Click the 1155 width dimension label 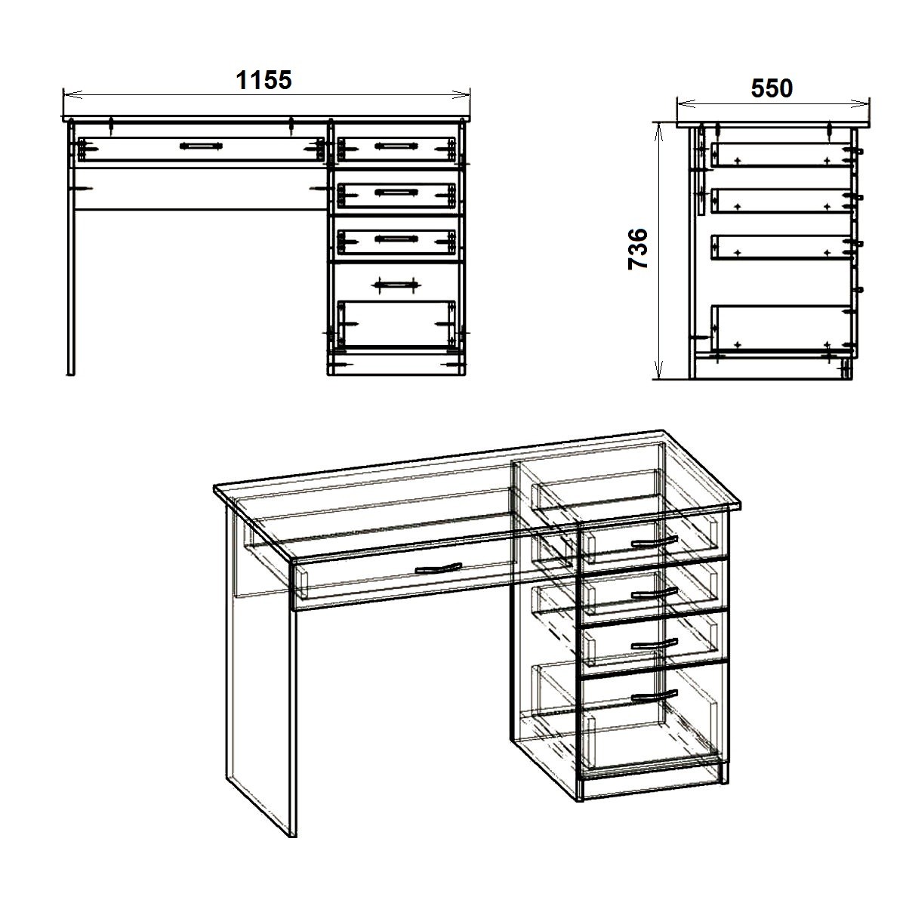(263, 80)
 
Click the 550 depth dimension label (772, 88)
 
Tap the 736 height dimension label (638, 248)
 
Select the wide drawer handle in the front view (201, 146)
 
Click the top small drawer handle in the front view (396, 146)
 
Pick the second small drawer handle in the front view (396, 192)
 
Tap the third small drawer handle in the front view (396, 239)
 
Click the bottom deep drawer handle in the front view (396, 285)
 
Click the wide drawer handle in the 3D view (438, 569)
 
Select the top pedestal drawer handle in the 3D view (654, 542)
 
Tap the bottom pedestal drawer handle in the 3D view (654, 696)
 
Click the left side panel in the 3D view (261, 667)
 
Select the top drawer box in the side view (781, 156)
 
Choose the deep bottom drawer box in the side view (781, 328)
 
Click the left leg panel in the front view (71, 248)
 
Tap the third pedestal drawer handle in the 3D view (654, 644)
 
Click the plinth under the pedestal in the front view (396, 365)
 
